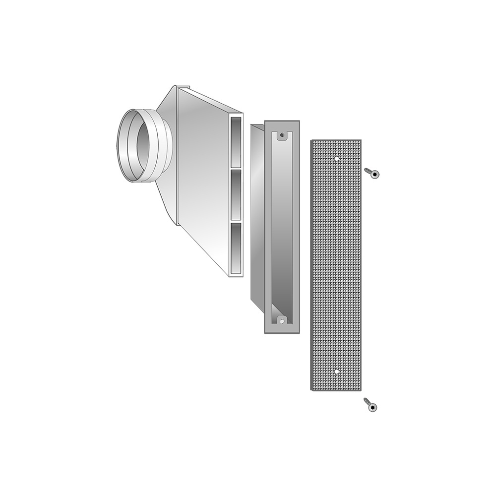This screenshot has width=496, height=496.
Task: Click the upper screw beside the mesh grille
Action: (x=372, y=173)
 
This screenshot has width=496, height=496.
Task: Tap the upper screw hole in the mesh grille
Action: (x=337, y=159)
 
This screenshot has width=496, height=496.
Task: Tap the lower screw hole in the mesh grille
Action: (x=337, y=371)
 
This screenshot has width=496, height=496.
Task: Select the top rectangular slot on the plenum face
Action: (x=236, y=141)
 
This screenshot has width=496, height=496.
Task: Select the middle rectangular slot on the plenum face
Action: (x=236, y=194)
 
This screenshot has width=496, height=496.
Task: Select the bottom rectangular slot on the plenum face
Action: (x=236, y=248)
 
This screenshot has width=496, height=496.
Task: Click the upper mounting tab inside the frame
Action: (x=282, y=136)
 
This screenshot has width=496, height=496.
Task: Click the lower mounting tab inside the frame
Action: (x=282, y=320)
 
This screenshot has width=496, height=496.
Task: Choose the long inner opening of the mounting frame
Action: (x=282, y=228)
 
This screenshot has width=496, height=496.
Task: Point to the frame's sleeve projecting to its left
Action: (x=257, y=213)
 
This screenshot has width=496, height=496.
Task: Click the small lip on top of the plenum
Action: (x=183, y=87)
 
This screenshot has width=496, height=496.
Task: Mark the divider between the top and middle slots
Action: (x=236, y=168)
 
